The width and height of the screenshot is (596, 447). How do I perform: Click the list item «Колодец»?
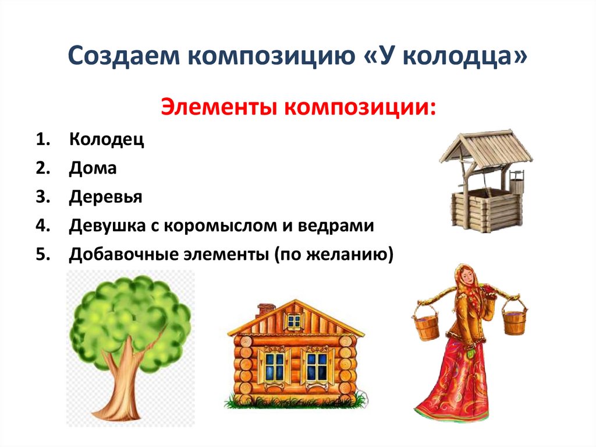click(107, 140)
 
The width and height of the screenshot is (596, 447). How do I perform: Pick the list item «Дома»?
click(93, 168)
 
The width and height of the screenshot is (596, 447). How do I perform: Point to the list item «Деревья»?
click(105, 197)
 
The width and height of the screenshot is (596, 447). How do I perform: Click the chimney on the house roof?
click(266, 309)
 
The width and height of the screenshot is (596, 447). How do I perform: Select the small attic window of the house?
click(295, 321)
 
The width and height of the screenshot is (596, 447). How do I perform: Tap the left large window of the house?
click(273, 365)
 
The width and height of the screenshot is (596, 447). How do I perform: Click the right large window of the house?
click(317, 365)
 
